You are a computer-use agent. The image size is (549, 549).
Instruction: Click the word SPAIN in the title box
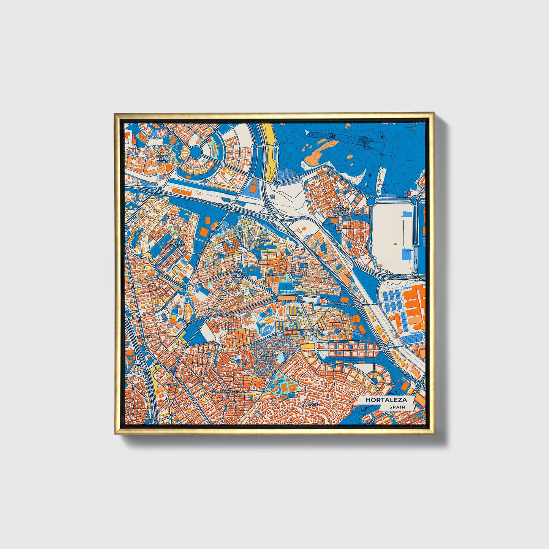(397, 407)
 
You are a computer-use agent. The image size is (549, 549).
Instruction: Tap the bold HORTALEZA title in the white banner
(386, 400)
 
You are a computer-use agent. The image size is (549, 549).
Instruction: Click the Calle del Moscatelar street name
(227, 391)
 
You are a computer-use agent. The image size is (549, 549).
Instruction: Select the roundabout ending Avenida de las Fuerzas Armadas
(371, 200)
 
